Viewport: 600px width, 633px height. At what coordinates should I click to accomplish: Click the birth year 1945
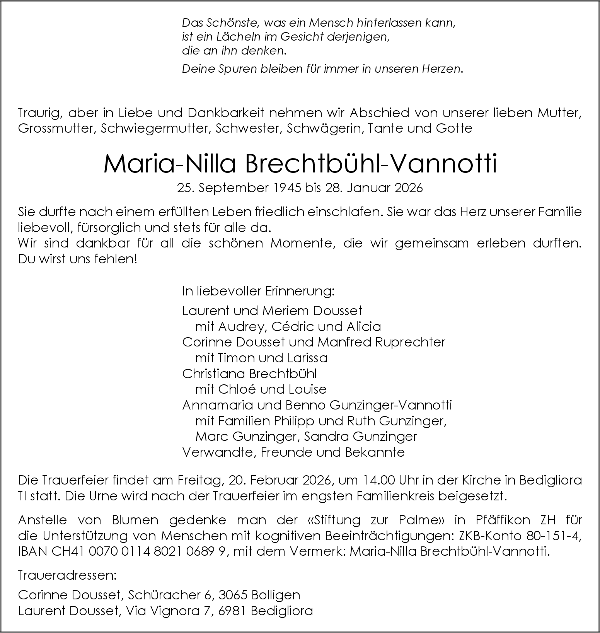tap(286, 188)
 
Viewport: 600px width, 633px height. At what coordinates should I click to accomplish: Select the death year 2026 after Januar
tap(409, 188)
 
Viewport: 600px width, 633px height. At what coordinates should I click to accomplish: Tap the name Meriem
tap(286, 311)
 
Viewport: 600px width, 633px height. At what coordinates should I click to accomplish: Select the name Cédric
tap(293, 327)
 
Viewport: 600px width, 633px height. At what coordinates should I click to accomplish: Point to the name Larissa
tap(308, 358)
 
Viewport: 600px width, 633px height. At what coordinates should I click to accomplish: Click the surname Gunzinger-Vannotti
tap(391, 405)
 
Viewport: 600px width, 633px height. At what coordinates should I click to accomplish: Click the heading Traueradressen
tap(67, 575)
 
